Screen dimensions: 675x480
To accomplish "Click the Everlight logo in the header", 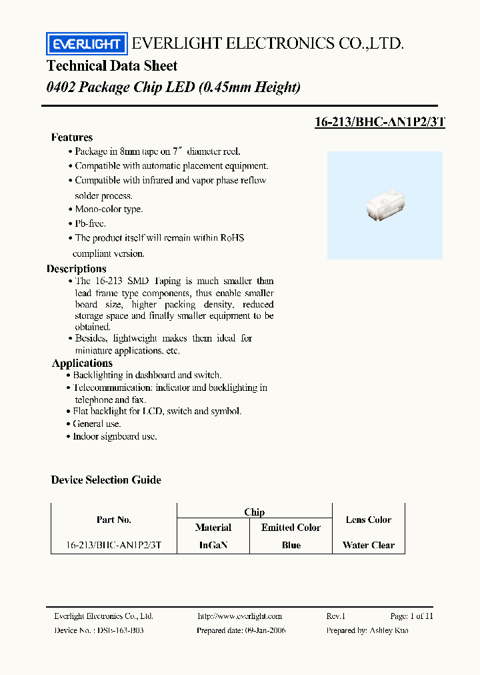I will [x=85, y=44].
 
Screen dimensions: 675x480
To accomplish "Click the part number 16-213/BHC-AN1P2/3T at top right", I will [x=379, y=122].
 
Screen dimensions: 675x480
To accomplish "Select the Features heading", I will [x=72, y=137].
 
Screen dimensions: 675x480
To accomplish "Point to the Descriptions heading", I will [x=77, y=269].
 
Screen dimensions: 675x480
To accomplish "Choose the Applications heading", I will [x=82, y=364].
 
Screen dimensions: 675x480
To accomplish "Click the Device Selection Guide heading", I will [x=106, y=480].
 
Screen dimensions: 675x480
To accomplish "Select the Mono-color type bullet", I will [x=108, y=209].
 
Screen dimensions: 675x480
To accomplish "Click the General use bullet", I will [x=97, y=424].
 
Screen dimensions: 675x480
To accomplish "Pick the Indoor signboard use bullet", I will [x=115, y=436].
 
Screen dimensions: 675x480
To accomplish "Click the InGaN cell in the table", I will [x=213, y=545].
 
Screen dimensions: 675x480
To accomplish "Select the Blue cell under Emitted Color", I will [x=291, y=545].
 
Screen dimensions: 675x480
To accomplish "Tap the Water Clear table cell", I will [x=369, y=545].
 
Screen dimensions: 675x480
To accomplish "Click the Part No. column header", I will [x=114, y=520].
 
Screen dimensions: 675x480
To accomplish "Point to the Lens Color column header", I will [x=369, y=520].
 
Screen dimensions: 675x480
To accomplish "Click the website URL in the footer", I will [x=240, y=616].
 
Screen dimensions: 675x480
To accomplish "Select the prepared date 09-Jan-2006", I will [x=265, y=630].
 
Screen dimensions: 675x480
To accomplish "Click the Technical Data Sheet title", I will [x=112, y=66].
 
